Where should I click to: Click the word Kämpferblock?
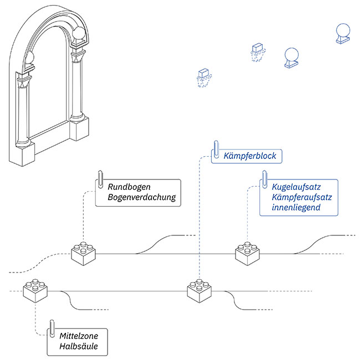[249, 157]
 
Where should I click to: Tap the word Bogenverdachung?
[142, 198]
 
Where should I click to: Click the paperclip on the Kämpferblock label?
[216, 150]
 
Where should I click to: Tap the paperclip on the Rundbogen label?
[100, 179]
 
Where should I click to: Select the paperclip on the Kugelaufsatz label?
[264, 178]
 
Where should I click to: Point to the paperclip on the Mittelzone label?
[52, 328]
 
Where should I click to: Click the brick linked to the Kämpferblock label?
[199, 290]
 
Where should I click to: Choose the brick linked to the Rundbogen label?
[83, 253]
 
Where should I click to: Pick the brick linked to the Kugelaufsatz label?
[247, 253]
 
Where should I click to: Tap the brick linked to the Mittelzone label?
[35, 290]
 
